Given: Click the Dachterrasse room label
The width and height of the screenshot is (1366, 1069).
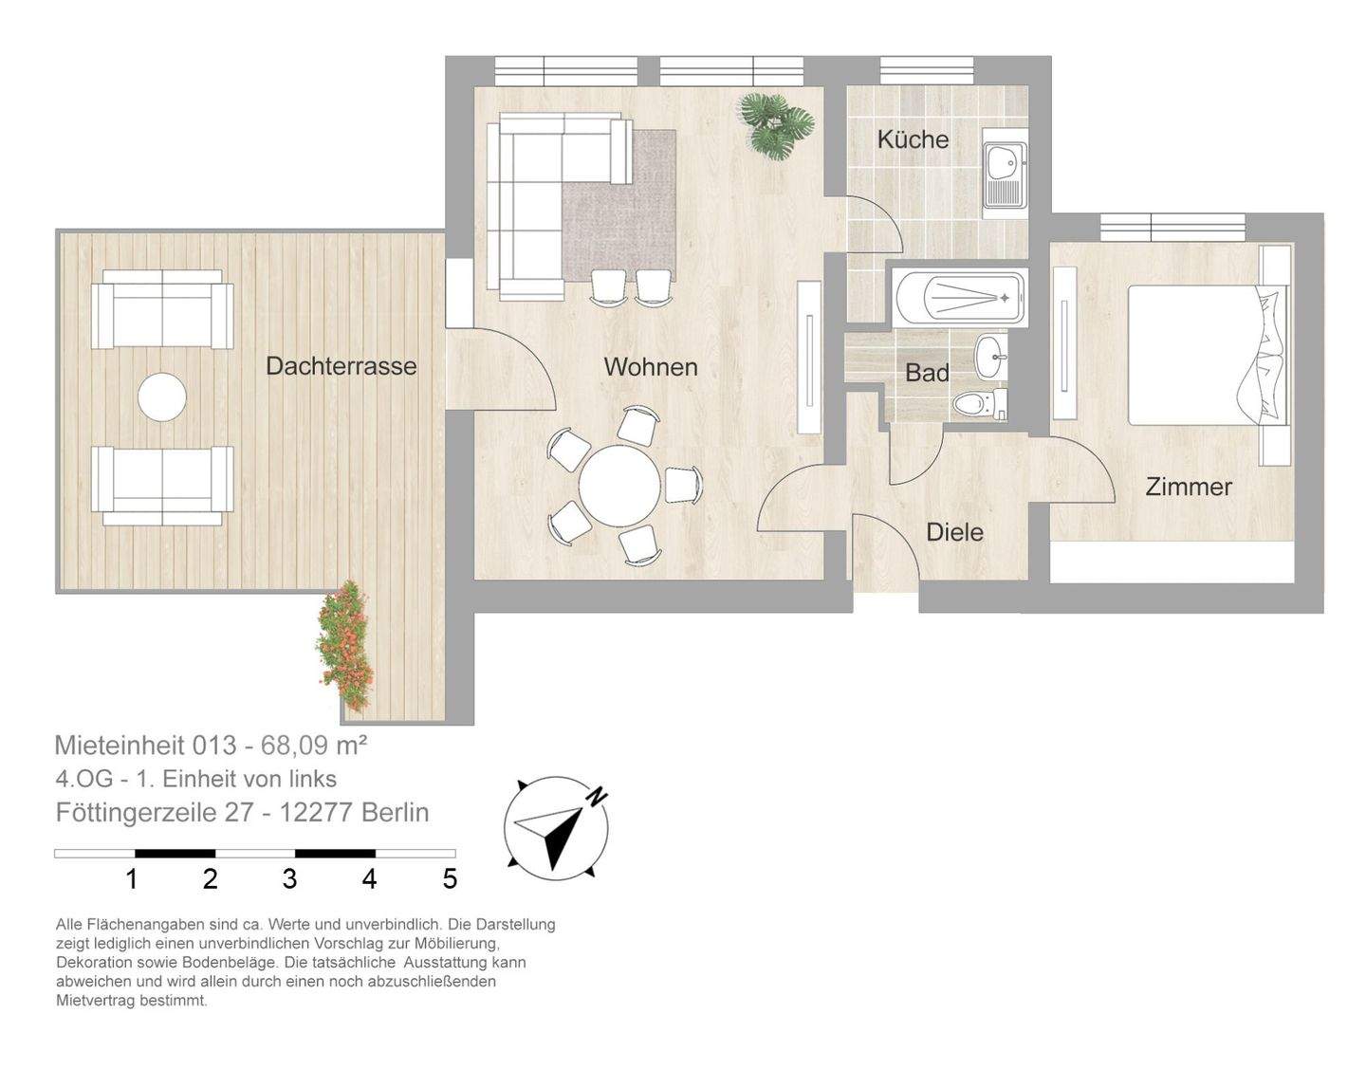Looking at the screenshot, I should tap(341, 366).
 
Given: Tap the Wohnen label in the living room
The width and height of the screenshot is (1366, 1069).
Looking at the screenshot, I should tap(650, 367).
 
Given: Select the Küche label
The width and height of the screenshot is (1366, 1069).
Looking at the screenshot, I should tap(913, 139).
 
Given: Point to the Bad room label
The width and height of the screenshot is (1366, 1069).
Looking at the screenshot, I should tap(927, 373).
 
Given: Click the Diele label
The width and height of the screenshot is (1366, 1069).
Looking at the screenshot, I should tap(954, 532).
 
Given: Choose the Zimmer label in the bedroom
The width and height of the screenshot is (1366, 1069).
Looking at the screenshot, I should tap(1189, 487).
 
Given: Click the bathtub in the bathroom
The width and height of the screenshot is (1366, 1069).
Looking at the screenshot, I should tap(959, 297).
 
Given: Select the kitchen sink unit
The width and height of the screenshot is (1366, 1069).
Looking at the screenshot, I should tap(1004, 175).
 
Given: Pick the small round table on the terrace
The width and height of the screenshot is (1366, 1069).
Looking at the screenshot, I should tap(162, 397).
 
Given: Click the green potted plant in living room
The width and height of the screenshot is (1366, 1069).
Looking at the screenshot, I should tap(777, 123).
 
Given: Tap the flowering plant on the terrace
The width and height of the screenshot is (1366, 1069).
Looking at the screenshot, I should tap(344, 644).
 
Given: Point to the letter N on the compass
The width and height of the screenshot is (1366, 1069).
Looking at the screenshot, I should tap(596, 797).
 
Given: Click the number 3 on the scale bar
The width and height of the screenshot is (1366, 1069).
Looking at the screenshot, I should tap(289, 879).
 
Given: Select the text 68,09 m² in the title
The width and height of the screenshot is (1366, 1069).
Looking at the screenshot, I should tap(307, 746).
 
